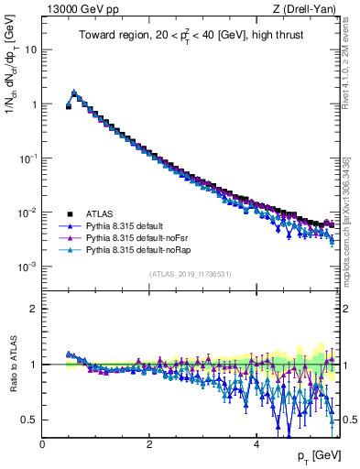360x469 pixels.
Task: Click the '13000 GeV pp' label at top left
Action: pyautogui.click(x=74, y=9)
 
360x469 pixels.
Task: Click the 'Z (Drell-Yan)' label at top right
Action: pyautogui.click(x=308, y=9)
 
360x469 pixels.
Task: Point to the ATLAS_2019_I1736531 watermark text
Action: pyautogui.click(x=190, y=274)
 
